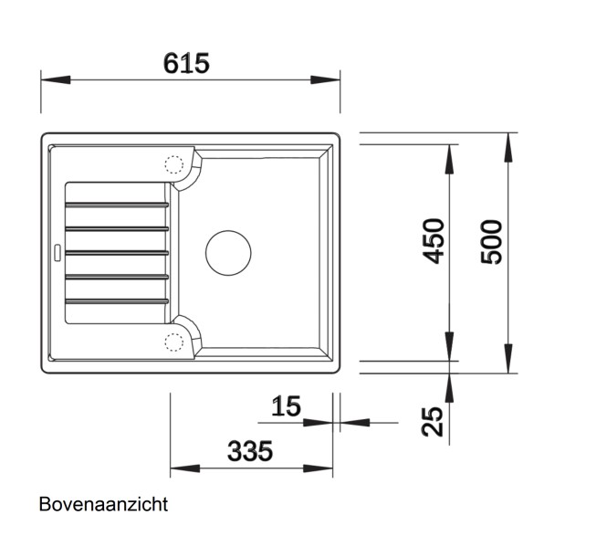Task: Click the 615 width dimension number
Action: tap(186, 63)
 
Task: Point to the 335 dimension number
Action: tap(249, 450)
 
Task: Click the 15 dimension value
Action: tap(286, 406)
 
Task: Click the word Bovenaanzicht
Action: tap(103, 504)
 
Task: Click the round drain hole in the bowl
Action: tap(228, 251)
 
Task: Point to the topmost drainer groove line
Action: tap(116, 204)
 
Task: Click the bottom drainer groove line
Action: tap(116, 300)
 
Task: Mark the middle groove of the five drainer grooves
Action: tap(116, 251)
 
